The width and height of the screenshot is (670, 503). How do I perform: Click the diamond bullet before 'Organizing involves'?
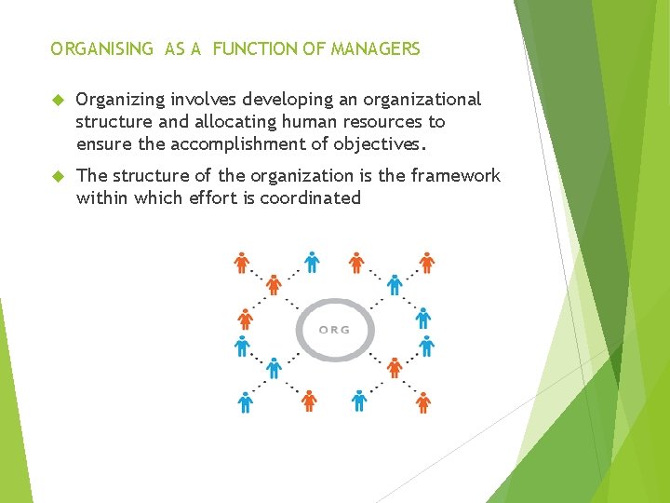(x=56, y=100)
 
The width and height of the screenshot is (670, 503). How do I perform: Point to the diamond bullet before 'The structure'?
(x=56, y=176)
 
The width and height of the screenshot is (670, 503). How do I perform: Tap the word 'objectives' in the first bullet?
(x=382, y=144)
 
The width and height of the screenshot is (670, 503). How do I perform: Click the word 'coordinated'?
(x=311, y=197)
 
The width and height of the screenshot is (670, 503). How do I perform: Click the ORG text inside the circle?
(x=334, y=330)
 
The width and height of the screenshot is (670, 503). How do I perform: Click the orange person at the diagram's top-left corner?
(x=242, y=263)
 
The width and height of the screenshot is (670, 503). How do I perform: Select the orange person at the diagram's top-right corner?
(x=426, y=263)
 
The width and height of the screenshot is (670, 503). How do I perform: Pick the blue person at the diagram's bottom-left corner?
(x=245, y=401)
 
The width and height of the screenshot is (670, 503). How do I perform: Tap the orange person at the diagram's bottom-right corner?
(x=423, y=401)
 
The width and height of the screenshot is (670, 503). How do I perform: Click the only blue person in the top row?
(x=311, y=263)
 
